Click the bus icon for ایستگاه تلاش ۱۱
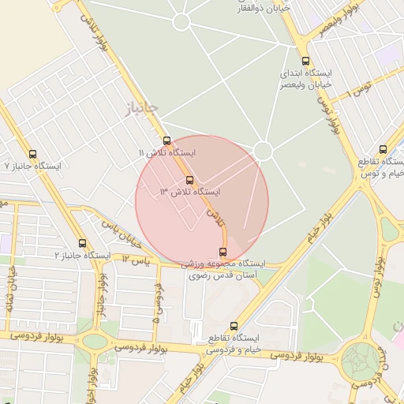(166, 140)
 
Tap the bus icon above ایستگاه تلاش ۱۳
(189, 180)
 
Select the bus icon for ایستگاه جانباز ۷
(32, 155)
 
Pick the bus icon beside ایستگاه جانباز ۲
(83, 243)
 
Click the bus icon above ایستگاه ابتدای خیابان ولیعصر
(305, 61)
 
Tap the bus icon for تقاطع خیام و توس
(383, 149)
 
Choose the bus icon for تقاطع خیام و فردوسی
(233, 326)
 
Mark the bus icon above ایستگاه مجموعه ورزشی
(222, 252)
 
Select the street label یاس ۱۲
(135, 259)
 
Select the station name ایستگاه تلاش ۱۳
(190, 192)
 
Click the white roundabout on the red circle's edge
(263, 150)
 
